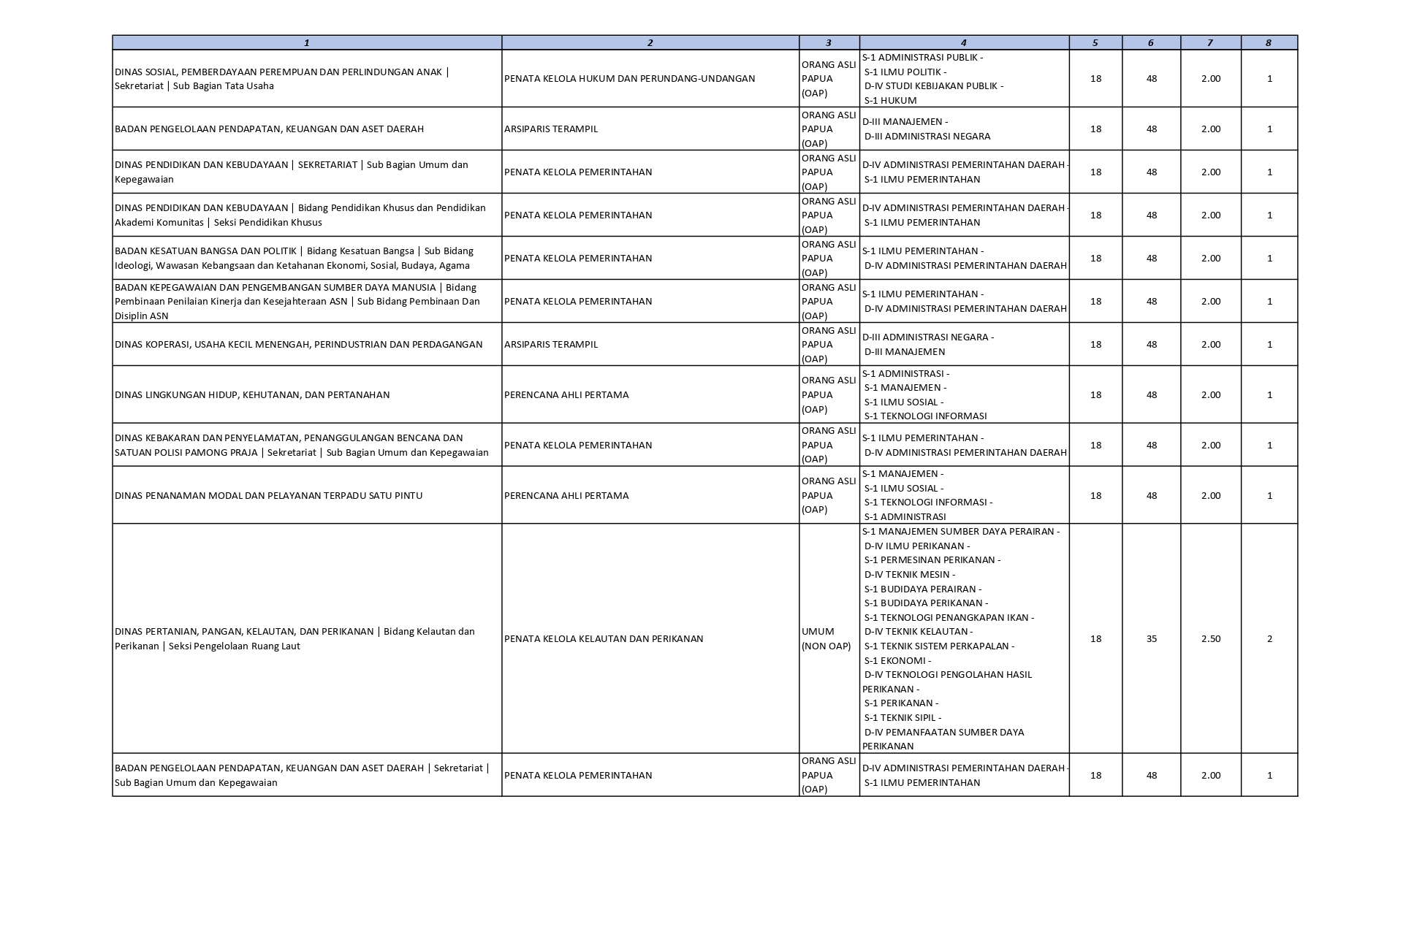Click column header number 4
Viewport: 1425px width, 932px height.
pyautogui.click(x=963, y=42)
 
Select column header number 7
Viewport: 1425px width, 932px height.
pyautogui.click(x=1209, y=42)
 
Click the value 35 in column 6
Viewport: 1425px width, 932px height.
pyautogui.click(x=1151, y=638)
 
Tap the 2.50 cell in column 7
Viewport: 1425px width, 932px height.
pyautogui.click(x=1210, y=638)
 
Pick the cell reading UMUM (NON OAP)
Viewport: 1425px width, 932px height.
pyautogui.click(x=826, y=638)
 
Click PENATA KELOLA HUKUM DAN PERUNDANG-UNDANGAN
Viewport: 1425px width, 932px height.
pyautogui.click(x=629, y=78)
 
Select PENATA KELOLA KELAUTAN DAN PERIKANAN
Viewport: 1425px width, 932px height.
pyautogui.click(x=603, y=638)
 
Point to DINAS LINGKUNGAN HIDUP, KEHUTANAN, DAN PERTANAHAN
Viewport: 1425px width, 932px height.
pyautogui.click(x=252, y=394)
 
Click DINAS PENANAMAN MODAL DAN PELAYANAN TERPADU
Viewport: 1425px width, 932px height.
pyautogui.click(x=268, y=495)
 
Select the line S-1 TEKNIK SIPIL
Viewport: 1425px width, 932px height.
pyautogui.click(x=902, y=717)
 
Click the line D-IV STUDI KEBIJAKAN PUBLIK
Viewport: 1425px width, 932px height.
pyautogui.click(x=933, y=85)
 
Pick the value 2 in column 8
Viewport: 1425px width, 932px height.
pyautogui.click(x=1269, y=638)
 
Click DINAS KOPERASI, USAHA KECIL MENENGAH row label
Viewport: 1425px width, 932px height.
pyautogui.click(x=298, y=344)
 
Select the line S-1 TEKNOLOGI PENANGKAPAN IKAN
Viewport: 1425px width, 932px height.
pyautogui.click(x=949, y=617)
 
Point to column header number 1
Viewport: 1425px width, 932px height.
pyautogui.click(x=306, y=42)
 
